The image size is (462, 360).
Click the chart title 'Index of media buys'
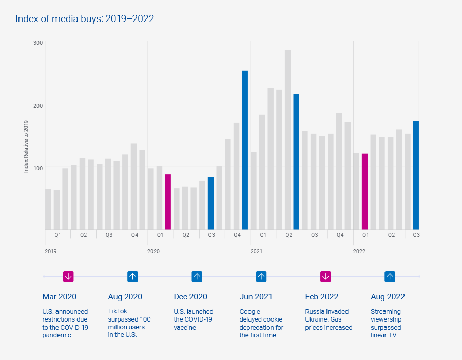(x=85, y=19)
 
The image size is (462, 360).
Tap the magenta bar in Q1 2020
(x=168, y=202)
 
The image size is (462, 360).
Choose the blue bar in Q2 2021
(x=296, y=162)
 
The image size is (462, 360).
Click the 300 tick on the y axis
(x=38, y=42)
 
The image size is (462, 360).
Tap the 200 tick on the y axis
(x=38, y=104)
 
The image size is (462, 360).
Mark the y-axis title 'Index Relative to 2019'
(x=26, y=147)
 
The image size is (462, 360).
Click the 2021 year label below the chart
(x=256, y=251)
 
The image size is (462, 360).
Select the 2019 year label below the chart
(x=51, y=251)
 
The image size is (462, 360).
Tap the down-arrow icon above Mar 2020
(x=68, y=276)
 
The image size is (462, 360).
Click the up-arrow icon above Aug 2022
(x=390, y=276)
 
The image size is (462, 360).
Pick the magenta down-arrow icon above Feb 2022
(x=325, y=276)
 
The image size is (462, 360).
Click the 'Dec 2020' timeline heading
(x=190, y=297)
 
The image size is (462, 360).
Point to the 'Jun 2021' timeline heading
(x=256, y=297)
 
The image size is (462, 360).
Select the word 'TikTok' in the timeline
(x=118, y=311)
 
